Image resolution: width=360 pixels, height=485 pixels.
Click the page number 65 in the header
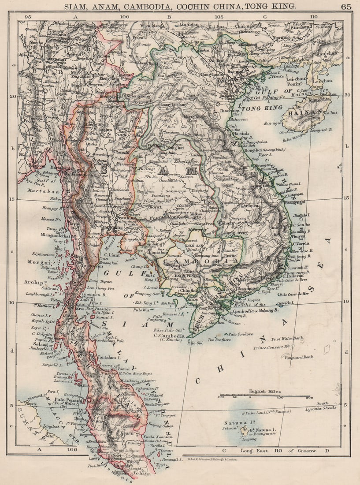coord(346,6)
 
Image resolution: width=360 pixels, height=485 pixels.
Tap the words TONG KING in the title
coord(275,6)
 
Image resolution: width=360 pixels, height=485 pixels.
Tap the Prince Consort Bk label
coord(273,347)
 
